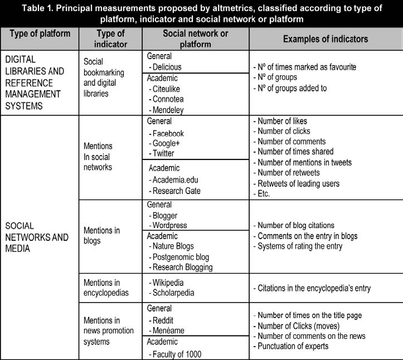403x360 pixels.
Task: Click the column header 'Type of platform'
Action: coord(40,33)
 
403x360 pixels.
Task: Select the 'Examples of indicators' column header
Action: coord(325,38)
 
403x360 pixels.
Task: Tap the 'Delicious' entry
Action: coord(166,67)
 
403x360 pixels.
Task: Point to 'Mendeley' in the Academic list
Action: coord(169,110)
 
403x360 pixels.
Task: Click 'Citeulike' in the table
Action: coord(168,89)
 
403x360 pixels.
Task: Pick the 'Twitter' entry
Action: coord(163,153)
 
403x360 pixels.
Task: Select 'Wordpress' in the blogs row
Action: coord(170,225)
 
